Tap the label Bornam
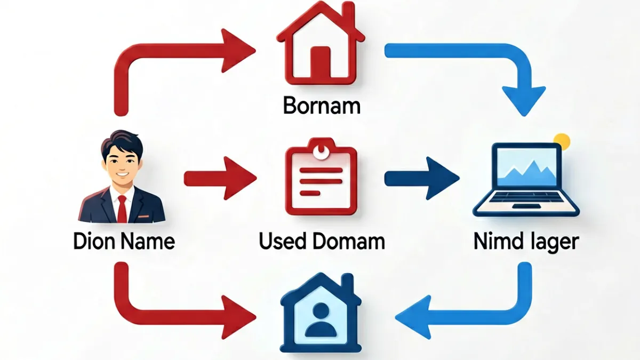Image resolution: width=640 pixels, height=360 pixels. pyautogui.click(x=322, y=106)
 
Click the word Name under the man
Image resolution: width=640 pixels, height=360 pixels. pyautogui.click(x=147, y=242)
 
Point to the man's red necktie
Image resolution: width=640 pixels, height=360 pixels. pyautogui.click(x=122, y=209)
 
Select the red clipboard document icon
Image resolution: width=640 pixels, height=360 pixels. pyautogui.click(x=321, y=177)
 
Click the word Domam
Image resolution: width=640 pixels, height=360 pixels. pyautogui.click(x=349, y=242)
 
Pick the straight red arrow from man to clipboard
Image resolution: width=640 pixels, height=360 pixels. pyautogui.click(x=220, y=178)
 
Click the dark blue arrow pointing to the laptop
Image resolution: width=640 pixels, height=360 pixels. pyautogui.click(x=422, y=178)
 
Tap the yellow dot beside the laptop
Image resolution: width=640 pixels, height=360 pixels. pyautogui.click(x=562, y=142)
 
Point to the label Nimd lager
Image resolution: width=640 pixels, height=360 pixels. pyautogui.click(x=526, y=242)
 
